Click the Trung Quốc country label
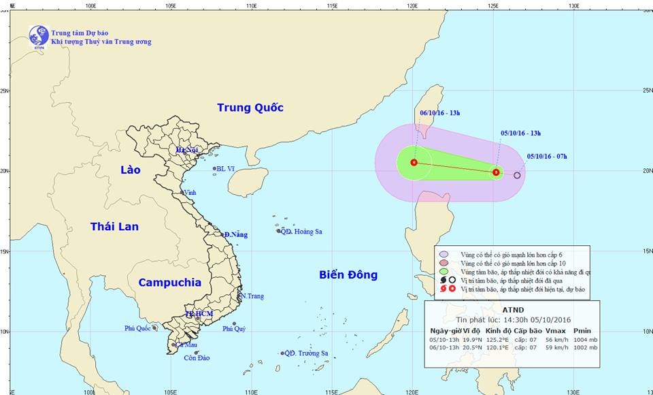250,108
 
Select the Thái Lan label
114,227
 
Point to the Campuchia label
169,282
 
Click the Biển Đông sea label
348,274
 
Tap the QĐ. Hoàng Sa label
303,232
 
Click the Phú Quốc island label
137,328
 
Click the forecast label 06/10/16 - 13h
440,113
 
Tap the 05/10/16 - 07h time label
547,157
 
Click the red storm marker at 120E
414,162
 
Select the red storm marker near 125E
497,172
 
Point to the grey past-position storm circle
517,176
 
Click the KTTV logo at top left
39,36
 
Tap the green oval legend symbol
446,271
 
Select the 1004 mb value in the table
585,338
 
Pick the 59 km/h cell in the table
556,347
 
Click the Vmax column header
555,330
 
